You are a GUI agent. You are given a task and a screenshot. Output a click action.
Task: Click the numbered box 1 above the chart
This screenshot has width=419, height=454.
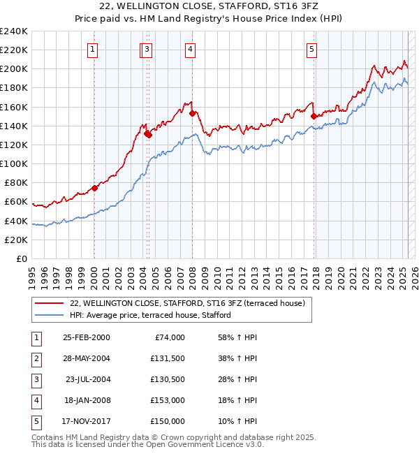point(94,49)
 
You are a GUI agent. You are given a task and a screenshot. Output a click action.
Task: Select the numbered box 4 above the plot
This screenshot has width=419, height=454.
point(190,49)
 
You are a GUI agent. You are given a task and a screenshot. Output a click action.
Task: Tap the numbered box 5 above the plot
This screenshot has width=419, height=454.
point(311,49)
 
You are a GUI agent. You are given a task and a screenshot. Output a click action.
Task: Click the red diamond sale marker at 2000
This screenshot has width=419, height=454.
point(95,188)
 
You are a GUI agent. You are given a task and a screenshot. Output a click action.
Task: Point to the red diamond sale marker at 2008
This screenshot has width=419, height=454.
point(192,112)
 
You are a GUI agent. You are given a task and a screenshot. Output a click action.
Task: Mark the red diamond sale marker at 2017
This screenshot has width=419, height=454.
point(314,116)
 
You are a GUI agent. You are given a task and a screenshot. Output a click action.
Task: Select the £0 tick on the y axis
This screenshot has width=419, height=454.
point(20,258)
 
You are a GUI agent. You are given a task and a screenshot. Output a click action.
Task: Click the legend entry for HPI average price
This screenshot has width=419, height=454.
point(150,315)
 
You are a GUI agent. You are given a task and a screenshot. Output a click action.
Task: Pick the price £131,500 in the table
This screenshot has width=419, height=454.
point(168,358)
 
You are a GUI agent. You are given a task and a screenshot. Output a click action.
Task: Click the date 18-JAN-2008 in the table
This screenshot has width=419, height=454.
point(86,400)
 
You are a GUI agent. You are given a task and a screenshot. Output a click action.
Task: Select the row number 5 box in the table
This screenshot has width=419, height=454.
point(36,421)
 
